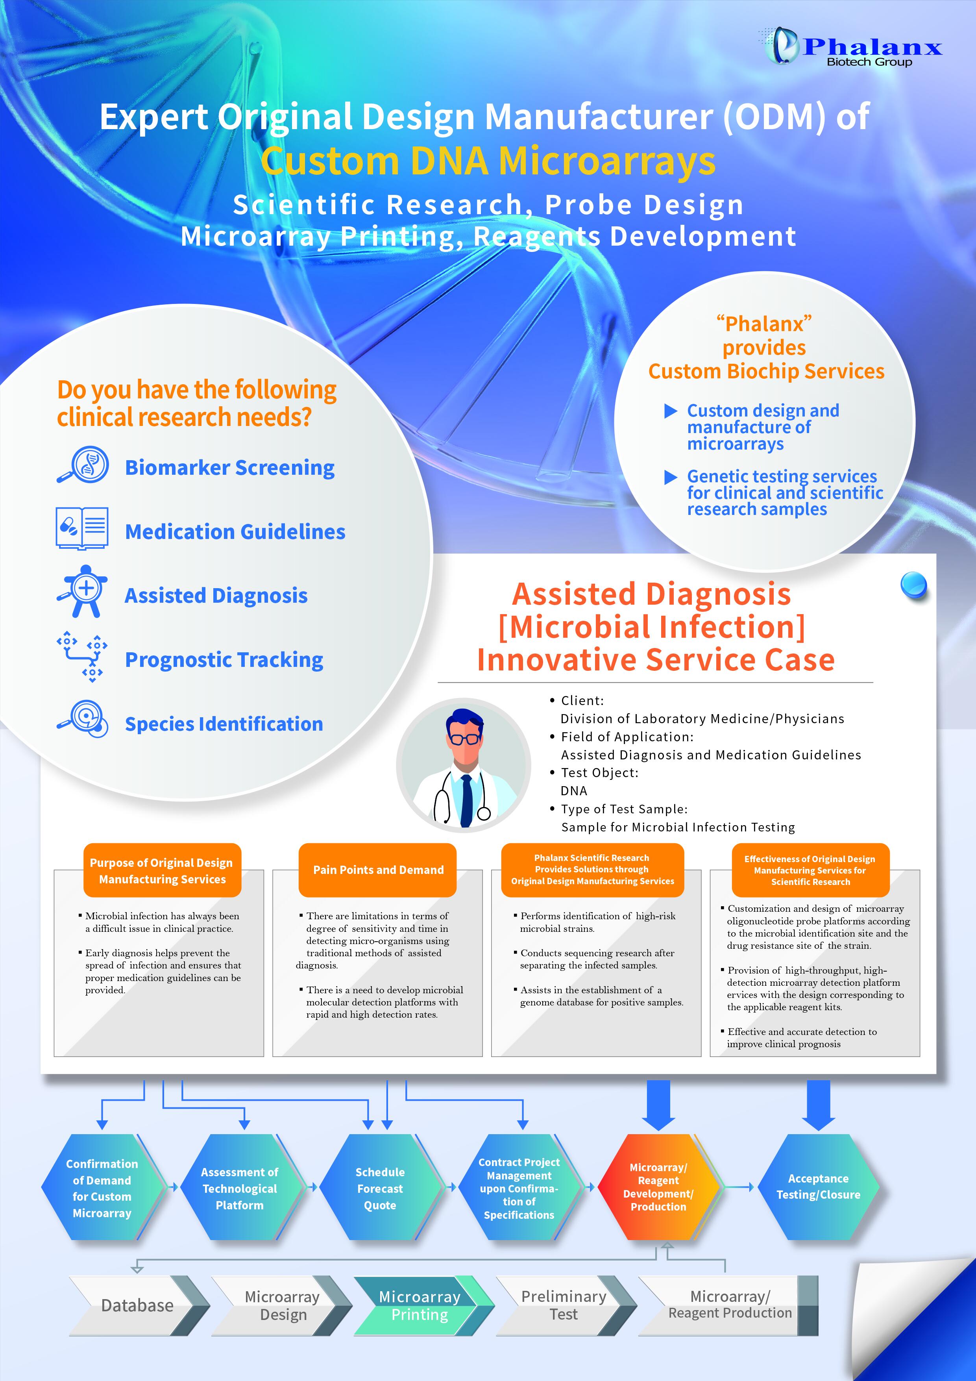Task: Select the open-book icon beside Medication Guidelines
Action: pos(82,528)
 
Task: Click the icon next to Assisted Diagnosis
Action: pos(82,591)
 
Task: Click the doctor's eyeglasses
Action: pos(464,738)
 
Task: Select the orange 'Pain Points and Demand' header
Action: pos(378,870)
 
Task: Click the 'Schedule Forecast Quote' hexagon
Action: pos(380,1188)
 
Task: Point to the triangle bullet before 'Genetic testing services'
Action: pos(671,478)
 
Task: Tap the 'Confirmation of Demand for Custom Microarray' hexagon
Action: pos(102,1188)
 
